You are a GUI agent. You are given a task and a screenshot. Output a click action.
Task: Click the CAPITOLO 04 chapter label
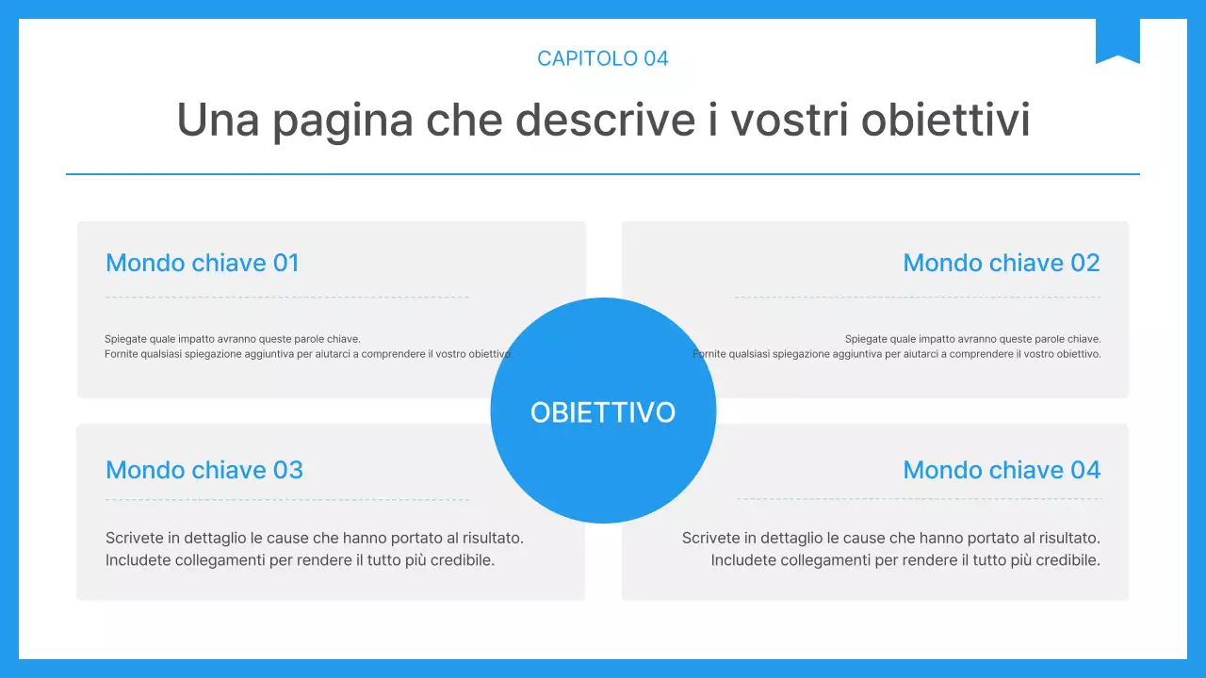(x=603, y=58)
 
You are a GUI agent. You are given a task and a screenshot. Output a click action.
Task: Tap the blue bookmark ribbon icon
(x=1117, y=40)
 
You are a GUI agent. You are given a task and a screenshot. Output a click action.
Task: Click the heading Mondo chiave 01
(x=203, y=263)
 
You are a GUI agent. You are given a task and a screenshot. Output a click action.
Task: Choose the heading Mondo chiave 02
(x=1002, y=263)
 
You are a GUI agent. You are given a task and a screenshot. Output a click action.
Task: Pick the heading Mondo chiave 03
(x=204, y=470)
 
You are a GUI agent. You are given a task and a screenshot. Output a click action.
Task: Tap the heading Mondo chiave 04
(x=1002, y=470)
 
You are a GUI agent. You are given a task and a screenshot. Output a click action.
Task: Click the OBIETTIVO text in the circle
(x=603, y=412)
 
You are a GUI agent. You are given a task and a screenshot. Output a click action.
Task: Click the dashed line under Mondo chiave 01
(x=287, y=298)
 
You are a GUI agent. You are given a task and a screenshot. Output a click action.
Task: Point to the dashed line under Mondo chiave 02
(x=918, y=298)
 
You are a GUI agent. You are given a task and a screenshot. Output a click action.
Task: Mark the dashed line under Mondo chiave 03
(x=287, y=499)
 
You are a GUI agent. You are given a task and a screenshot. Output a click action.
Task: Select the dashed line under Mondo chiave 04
(x=919, y=499)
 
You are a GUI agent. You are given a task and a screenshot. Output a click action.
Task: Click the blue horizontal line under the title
(x=603, y=174)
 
